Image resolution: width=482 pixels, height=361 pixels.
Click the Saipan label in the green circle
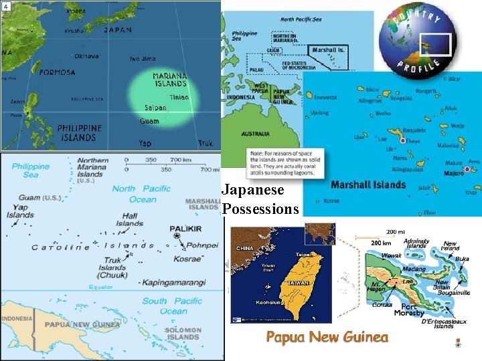[155, 108]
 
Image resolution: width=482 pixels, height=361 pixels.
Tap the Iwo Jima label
[142, 58]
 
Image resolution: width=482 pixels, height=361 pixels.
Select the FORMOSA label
[58, 72]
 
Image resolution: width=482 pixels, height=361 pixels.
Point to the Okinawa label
[87, 56]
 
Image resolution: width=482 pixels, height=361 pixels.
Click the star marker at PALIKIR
[177, 236]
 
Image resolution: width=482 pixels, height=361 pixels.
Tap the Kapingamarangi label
[176, 282]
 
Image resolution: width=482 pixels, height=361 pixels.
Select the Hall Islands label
[129, 220]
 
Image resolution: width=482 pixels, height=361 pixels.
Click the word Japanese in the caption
[252, 190]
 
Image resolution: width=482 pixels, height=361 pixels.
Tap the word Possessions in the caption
[260, 209]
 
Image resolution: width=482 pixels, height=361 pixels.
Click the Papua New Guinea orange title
[327, 336]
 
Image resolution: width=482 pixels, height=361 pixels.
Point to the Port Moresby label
[409, 310]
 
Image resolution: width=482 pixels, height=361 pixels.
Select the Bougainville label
[454, 292]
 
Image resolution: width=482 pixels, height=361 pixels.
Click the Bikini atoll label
[372, 89]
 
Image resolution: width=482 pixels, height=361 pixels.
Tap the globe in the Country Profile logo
[408, 37]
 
